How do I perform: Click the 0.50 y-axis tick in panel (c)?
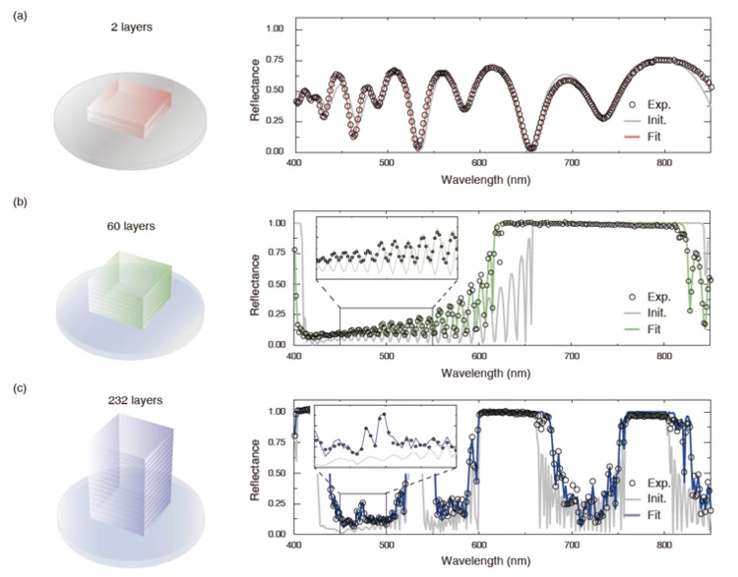277,473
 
